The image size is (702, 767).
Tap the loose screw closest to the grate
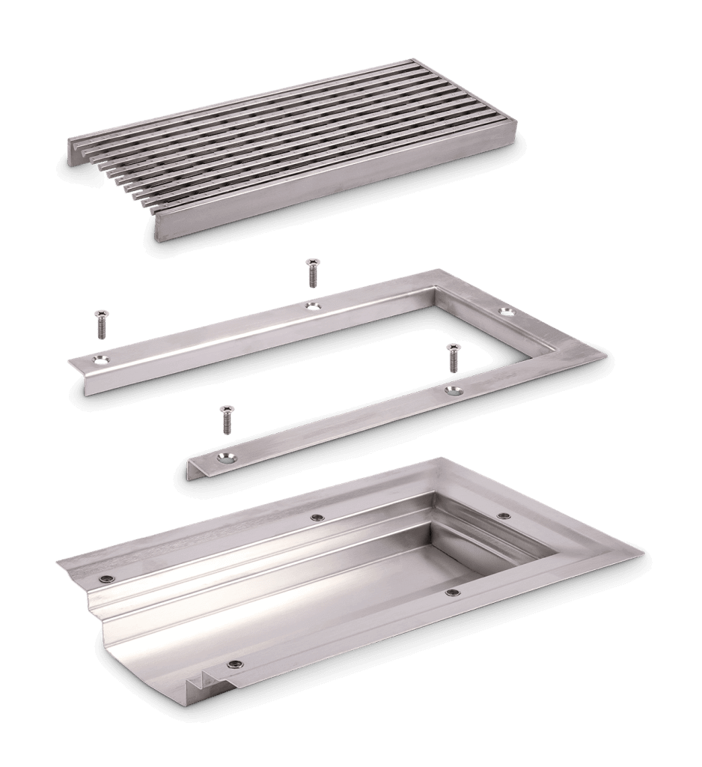312,273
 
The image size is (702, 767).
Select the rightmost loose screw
452,357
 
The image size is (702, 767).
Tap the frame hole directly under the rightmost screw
451,390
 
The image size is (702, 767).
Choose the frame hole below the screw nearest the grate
312,305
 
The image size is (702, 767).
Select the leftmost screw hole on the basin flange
108,578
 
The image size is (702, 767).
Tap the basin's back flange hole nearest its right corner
504,516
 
